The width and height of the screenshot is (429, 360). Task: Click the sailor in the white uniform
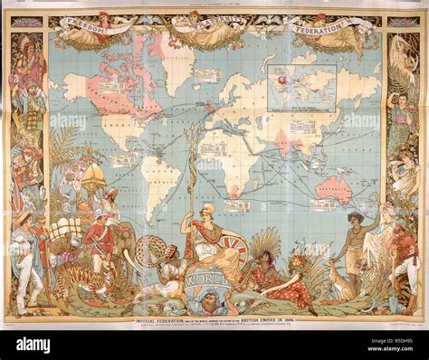pyautogui.click(x=25, y=258)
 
